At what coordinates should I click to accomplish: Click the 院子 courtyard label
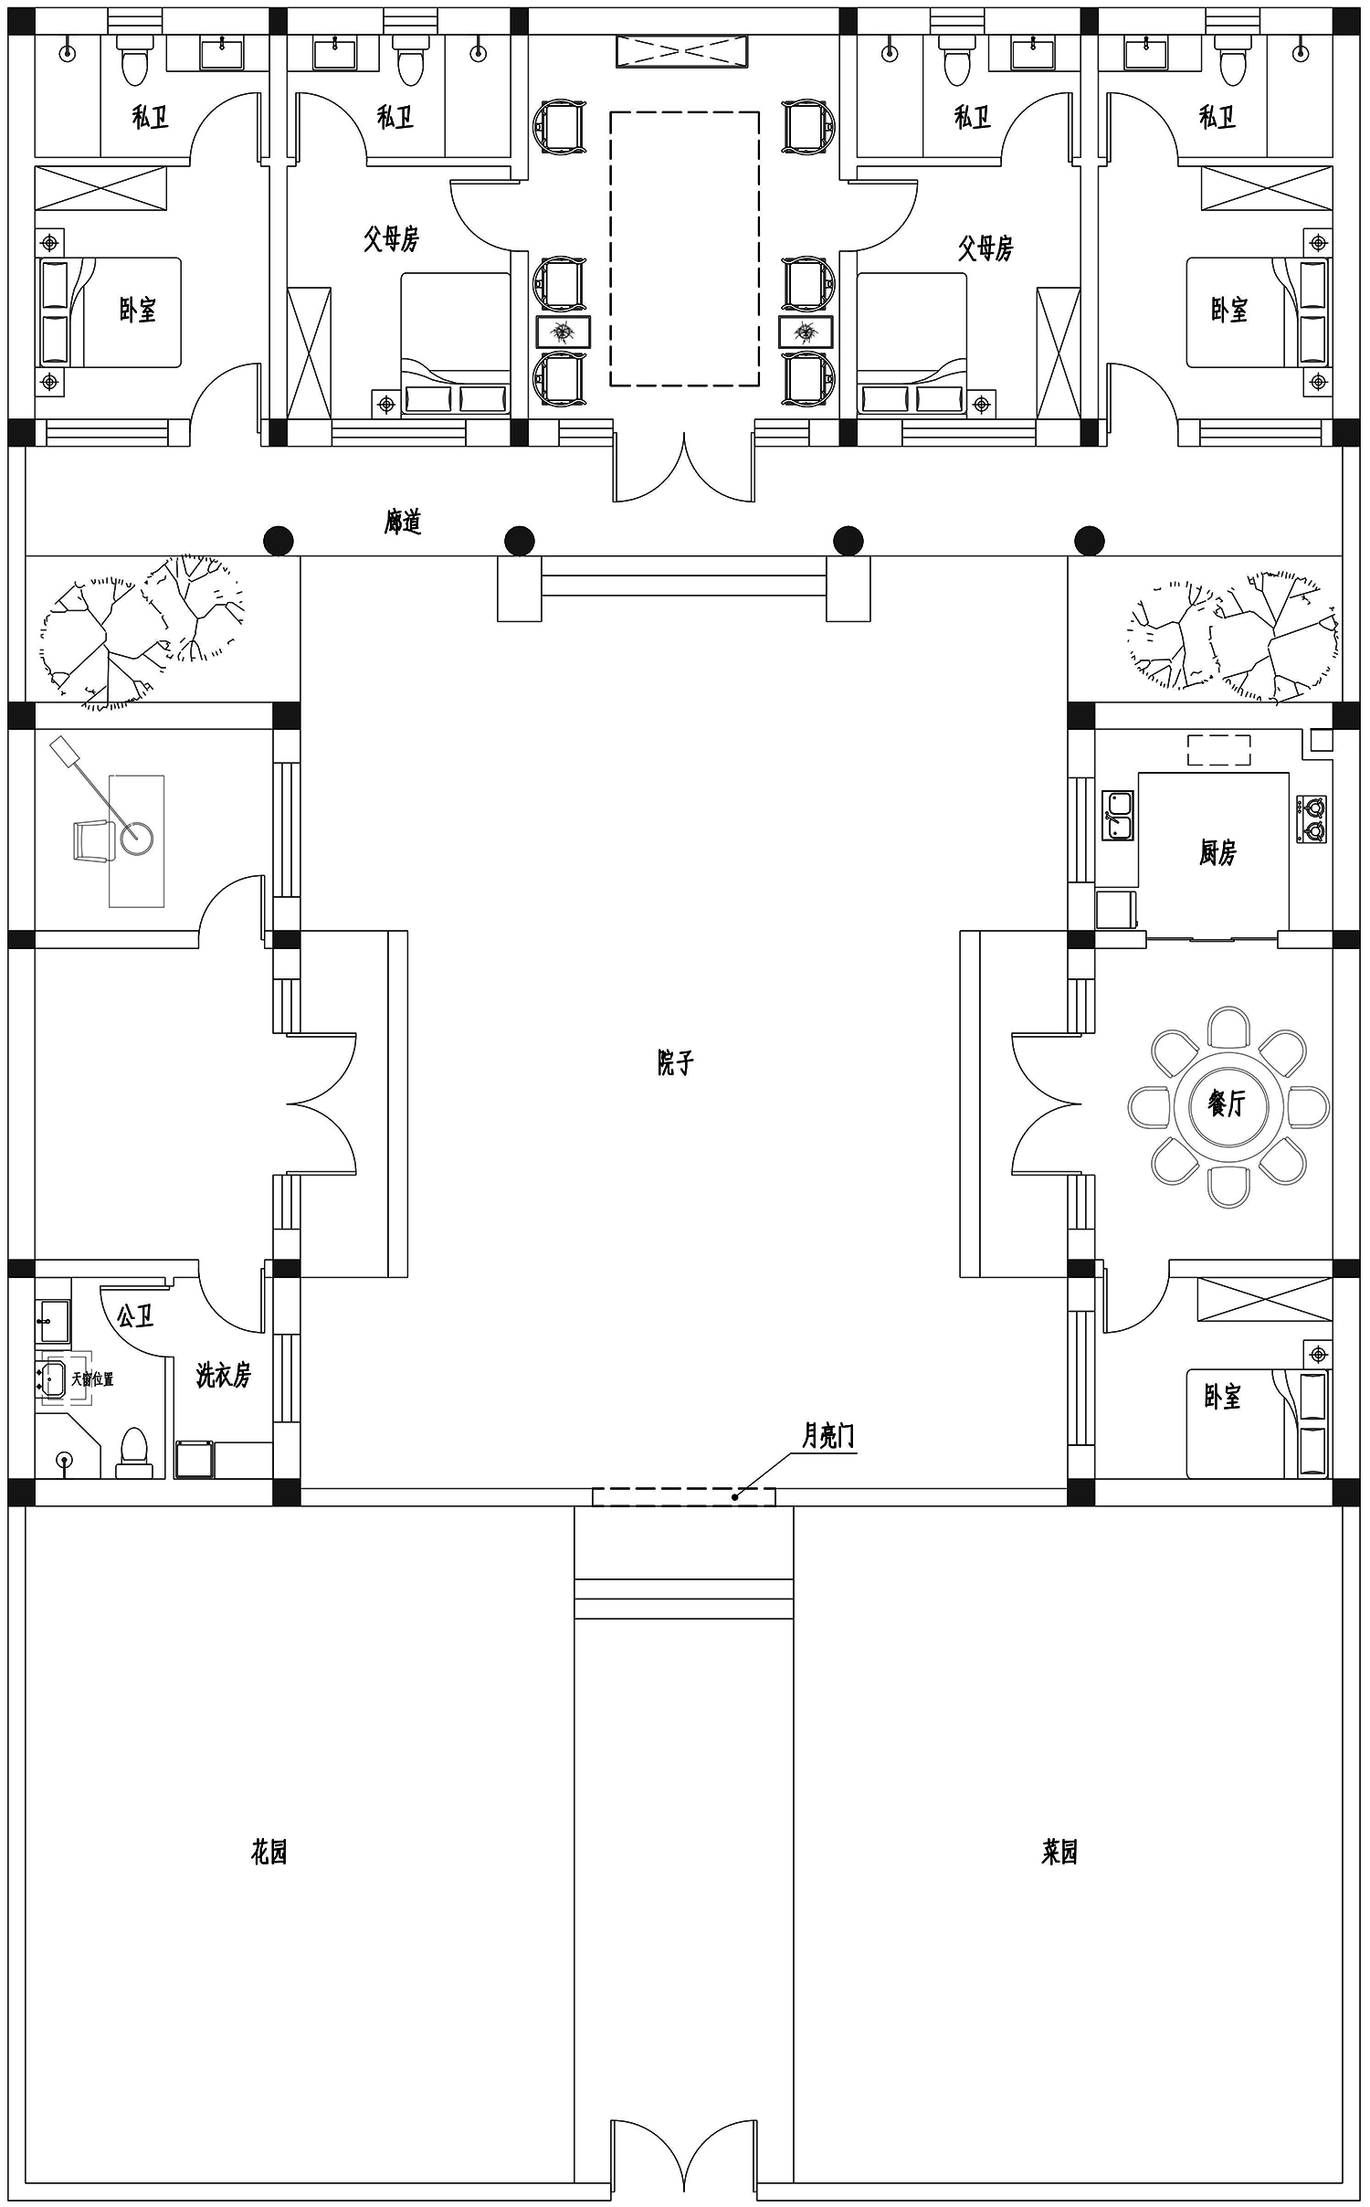click(676, 1062)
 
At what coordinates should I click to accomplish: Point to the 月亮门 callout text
click(828, 1436)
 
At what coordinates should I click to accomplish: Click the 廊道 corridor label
click(403, 522)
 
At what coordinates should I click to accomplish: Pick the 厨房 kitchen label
click(1217, 852)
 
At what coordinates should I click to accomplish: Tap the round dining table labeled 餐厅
click(1228, 1106)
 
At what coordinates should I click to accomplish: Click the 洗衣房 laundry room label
click(223, 1375)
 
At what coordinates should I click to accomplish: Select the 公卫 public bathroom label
click(135, 1315)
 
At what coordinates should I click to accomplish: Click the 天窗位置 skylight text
click(92, 1379)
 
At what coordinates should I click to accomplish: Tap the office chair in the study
click(92, 840)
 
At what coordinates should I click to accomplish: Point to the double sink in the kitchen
click(1118, 815)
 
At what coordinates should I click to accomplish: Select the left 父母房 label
click(391, 239)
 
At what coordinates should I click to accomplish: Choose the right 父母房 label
click(985, 248)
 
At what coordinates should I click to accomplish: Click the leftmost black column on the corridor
click(279, 541)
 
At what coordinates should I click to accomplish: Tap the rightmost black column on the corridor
click(1089, 541)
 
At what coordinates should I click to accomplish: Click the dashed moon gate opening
click(684, 1496)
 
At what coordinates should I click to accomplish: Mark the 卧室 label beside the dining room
click(1222, 1397)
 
